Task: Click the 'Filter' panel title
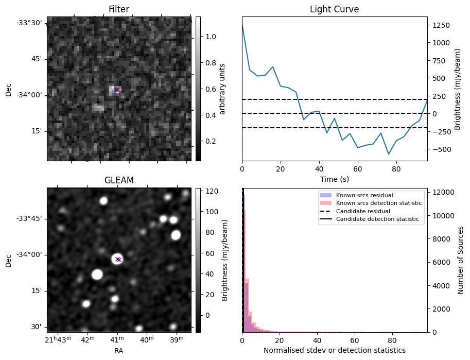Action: [119, 9]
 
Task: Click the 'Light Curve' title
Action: [334, 9]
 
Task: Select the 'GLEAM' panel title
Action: [119, 180]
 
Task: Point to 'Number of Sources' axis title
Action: [460, 260]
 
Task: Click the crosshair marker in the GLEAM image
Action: [118, 259]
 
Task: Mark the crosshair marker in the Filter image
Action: [117, 90]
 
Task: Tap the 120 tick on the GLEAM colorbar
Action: [212, 191]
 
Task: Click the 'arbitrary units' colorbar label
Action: [222, 89]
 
